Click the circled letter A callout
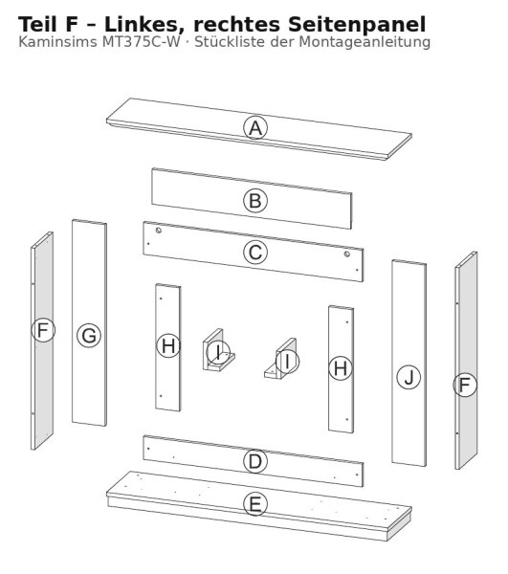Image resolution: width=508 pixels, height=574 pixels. click(255, 128)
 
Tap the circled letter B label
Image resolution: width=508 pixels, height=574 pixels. click(255, 201)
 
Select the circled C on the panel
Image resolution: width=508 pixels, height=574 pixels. click(255, 253)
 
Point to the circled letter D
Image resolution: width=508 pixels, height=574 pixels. click(255, 461)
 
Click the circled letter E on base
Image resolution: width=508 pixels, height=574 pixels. click(255, 504)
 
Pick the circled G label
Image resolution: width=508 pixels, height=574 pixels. click(89, 336)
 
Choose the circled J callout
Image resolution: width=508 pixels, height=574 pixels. click(409, 377)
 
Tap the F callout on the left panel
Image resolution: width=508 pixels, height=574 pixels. click(43, 330)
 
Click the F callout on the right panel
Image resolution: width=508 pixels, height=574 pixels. click(465, 385)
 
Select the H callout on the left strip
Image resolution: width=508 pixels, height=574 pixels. click(168, 346)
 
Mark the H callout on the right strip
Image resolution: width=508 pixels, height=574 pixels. click(341, 368)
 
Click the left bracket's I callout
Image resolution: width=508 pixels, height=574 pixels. click(218, 352)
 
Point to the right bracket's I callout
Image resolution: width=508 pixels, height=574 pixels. click(287, 362)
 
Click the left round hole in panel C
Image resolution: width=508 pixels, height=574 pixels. click(159, 231)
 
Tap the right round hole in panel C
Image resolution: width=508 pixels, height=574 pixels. click(347, 254)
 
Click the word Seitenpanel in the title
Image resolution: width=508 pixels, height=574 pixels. click(357, 25)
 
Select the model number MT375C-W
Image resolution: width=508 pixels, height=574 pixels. click(142, 42)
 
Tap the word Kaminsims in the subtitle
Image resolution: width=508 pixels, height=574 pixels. click(58, 42)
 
